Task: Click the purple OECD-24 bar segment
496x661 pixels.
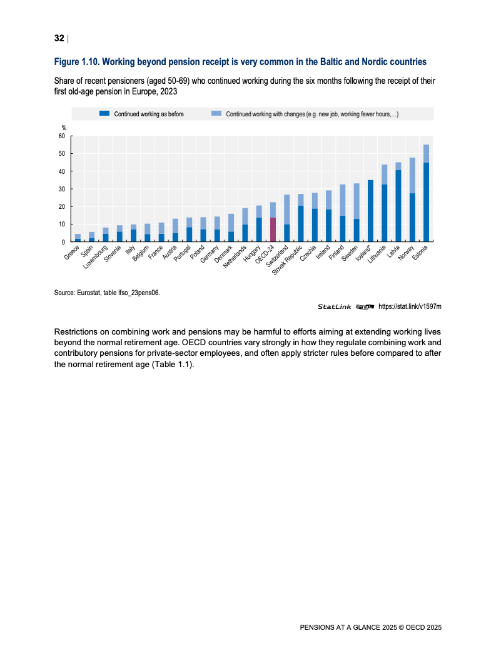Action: click(x=273, y=229)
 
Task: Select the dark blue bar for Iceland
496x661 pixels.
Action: click(x=370, y=210)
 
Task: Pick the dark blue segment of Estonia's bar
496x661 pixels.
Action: click(x=426, y=201)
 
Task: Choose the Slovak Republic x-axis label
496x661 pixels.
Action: click(x=290, y=260)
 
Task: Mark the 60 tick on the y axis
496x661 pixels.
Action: click(x=61, y=136)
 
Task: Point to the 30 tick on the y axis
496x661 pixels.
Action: click(x=61, y=189)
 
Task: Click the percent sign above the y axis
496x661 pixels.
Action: click(x=63, y=128)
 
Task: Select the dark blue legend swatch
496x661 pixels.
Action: click(x=104, y=114)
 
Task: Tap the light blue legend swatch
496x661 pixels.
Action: click(x=216, y=114)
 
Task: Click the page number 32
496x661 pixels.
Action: click(x=59, y=39)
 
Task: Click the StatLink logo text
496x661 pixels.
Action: click(x=335, y=306)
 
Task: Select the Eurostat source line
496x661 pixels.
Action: click(x=108, y=291)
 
